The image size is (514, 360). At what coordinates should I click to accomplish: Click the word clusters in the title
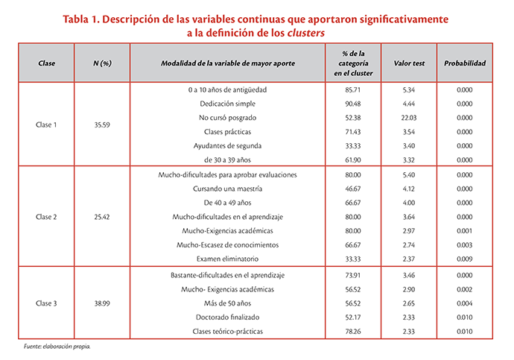point(306,33)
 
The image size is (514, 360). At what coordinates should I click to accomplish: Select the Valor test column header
point(409,63)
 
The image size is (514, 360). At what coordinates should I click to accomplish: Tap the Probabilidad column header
point(465,63)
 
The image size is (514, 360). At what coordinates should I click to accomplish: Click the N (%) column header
point(102,63)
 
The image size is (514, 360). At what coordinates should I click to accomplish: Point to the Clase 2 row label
point(46,217)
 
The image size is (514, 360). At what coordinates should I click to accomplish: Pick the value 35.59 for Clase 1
point(102,125)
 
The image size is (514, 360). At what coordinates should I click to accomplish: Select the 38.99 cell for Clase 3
point(102,303)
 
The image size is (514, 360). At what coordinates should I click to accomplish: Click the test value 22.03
point(409,118)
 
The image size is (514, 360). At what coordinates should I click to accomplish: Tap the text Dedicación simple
point(227,104)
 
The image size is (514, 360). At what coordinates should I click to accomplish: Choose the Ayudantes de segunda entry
point(227,146)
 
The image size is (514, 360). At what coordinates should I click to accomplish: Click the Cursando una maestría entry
point(227,189)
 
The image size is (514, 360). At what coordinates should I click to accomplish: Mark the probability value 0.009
point(465,259)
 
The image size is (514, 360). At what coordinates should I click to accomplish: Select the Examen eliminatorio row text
point(227,259)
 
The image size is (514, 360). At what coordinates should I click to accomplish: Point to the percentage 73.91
point(352,276)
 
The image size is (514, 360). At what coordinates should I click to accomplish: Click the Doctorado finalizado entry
point(227,318)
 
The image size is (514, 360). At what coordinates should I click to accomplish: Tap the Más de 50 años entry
point(227,303)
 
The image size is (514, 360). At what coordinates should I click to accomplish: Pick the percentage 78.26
point(352,332)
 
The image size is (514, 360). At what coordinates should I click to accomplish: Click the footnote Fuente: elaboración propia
point(57,347)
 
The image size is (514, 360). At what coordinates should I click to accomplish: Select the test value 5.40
point(409,175)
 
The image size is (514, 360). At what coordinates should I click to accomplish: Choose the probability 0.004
point(465,303)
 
